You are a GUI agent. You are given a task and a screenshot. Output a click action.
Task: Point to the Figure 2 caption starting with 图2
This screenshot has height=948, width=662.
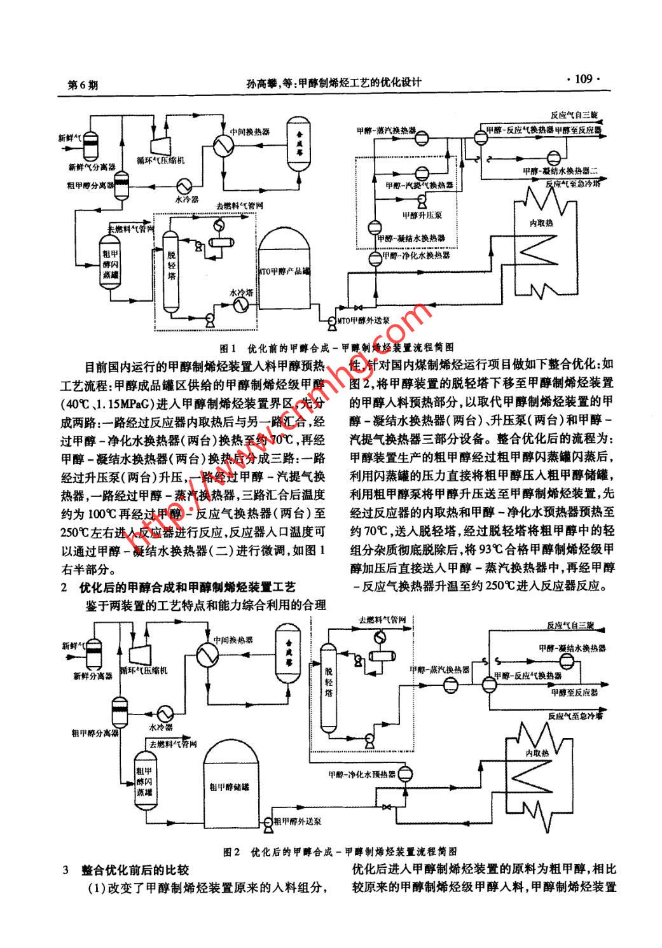click(340, 851)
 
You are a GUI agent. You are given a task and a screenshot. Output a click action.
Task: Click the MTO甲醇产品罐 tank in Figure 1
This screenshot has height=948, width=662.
click(284, 270)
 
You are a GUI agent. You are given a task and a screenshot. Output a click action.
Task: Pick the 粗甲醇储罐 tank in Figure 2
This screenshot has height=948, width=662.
click(230, 786)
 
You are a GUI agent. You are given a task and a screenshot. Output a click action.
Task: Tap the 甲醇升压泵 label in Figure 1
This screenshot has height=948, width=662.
click(422, 215)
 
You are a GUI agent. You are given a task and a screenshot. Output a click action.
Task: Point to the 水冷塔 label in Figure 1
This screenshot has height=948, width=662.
click(242, 292)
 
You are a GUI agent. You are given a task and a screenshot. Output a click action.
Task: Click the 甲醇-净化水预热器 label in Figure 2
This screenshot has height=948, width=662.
click(362, 774)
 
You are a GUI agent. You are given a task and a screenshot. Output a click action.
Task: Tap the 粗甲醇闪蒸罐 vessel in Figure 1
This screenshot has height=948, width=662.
click(110, 262)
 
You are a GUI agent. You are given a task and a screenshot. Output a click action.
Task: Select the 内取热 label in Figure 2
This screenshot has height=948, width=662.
click(537, 753)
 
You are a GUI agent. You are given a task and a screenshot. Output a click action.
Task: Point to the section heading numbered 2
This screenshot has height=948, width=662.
click(178, 587)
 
